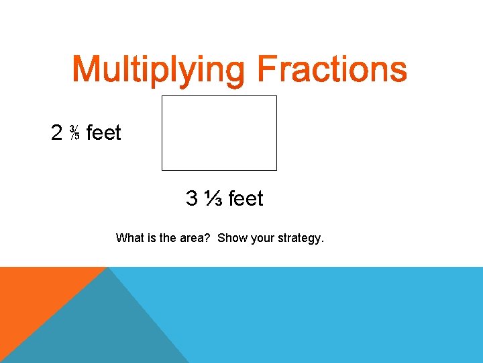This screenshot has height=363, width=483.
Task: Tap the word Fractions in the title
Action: [x=331, y=70]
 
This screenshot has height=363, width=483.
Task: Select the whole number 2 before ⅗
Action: [x=57, y=133]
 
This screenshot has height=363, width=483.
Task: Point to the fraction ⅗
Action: [x=74, y=133]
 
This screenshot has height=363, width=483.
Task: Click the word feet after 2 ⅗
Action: [x=104, y=133]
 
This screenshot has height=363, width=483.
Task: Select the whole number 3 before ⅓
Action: [x=192, y=199]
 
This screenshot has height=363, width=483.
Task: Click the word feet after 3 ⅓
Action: [x=246, y=199]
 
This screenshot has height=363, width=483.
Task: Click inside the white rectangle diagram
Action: [x=219, y=133]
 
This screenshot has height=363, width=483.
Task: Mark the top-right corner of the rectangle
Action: [x=276, y=96]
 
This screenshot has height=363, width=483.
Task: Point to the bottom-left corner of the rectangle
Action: [x=162, y=170]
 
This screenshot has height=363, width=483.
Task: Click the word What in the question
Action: [x=128, y=238]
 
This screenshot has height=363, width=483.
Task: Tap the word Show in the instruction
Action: [x=232, y=238]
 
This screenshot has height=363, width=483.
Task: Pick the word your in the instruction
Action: [x=262, y=238]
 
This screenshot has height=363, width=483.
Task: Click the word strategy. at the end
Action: [x=301, y=238]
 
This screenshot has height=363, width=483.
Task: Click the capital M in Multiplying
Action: [x=86, y=70]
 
